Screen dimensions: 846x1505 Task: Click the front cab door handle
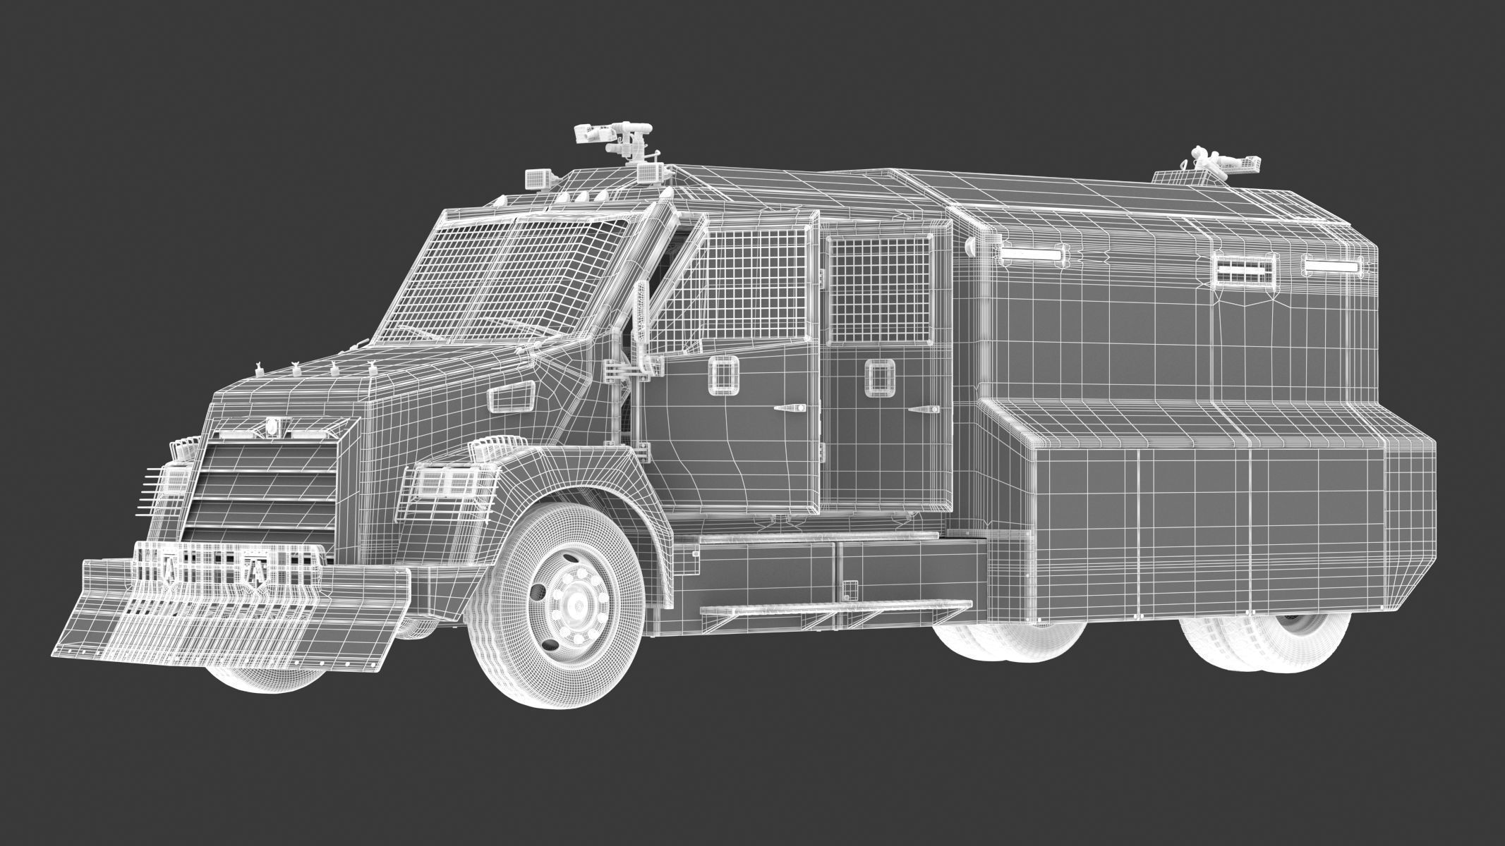[x=790, y=408]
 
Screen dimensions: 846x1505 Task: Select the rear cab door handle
[x=926, y=410]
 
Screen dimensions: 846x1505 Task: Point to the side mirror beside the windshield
[x=641, y=310]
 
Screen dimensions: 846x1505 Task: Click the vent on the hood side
[x=511, y=398]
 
